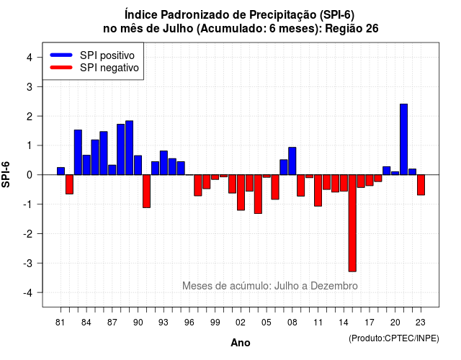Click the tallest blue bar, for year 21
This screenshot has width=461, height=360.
403,139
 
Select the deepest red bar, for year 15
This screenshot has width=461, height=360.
352,223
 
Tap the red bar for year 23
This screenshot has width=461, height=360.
421,185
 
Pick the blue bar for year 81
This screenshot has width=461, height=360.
61,171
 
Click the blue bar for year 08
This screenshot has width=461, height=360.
292,161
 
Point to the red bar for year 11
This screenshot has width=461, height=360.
318,190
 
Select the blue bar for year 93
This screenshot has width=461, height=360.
164,163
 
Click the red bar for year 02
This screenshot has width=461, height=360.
241,192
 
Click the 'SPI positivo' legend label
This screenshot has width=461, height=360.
107,55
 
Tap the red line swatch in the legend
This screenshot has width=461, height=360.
61,67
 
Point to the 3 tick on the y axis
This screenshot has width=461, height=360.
40,86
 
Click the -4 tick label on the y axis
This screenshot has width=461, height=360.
28,292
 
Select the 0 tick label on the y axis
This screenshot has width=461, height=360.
30,175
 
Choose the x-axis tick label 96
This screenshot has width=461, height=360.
189,323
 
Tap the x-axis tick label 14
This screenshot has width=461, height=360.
344,323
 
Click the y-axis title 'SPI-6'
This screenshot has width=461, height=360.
6,174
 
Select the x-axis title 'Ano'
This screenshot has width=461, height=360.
241,343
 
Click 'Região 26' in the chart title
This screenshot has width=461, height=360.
352,29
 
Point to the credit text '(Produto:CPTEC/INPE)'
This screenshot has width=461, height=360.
394,338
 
